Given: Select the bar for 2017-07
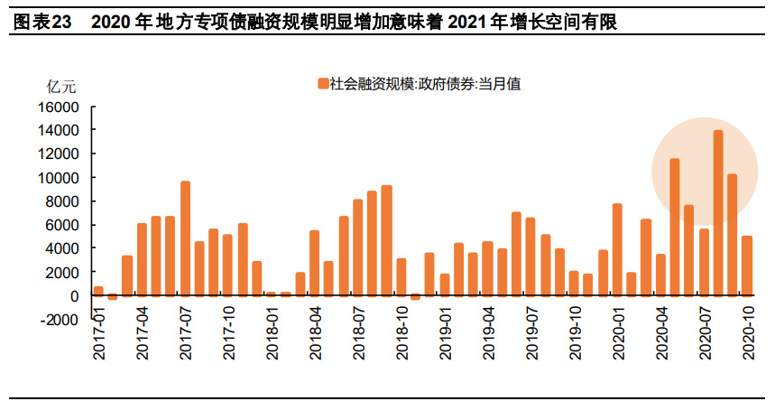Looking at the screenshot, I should pos(185,238).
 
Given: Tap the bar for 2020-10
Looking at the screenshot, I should pos(746,266).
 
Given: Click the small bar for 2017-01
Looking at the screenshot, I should pos(98,291).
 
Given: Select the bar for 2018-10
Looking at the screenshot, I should pos(401,276).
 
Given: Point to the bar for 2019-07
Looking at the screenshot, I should pos(531,256).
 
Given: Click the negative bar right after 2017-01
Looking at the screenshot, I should pos(113,297).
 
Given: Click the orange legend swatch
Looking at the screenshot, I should pos(322,84).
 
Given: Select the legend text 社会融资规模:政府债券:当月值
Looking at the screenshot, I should pos(425,84).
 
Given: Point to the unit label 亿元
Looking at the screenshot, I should pos(62,87).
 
